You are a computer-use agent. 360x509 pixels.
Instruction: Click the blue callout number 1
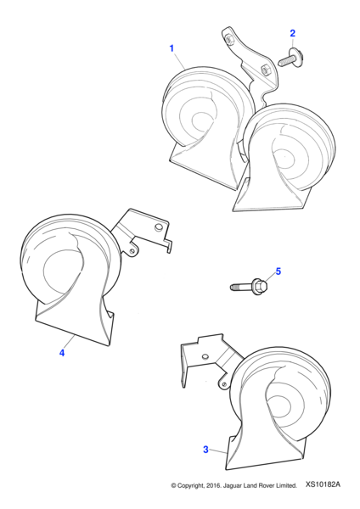point(172,48)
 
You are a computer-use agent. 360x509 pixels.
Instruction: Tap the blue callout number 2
point(292,33)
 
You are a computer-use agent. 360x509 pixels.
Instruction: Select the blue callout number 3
point(205,450)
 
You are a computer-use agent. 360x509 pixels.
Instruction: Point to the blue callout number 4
point(62,353)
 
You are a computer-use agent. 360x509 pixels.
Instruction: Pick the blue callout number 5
point(278,271)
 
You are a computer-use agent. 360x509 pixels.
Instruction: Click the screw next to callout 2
point(290,58)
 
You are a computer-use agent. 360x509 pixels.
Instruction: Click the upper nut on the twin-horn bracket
point(230,39)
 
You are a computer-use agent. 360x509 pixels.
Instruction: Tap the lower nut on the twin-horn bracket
point(264,70)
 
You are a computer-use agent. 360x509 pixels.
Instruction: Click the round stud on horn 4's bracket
point(158,227)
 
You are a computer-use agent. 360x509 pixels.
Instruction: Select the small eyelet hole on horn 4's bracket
point(132,252)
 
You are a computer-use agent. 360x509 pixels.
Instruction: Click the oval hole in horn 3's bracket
point(205,357)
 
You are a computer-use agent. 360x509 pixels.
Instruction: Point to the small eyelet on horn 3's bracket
point(224,384)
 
